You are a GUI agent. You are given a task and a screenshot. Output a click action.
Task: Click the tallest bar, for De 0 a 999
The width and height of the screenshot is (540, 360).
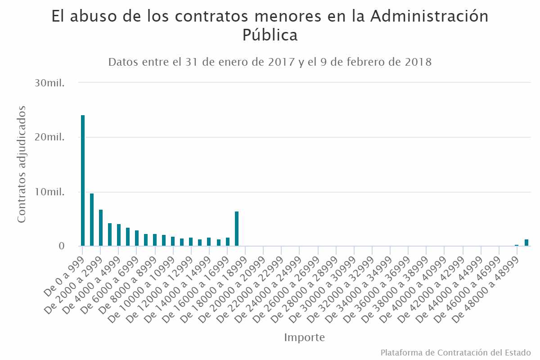(x=83, y=180)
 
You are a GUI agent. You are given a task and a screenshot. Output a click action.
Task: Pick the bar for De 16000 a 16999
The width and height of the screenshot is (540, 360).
(x=228, y=242)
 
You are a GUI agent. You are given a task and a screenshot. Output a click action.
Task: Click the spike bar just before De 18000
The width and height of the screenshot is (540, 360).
(x=237, y=229)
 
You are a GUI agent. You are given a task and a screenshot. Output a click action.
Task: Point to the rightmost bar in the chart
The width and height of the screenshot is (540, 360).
(x=526, y=243)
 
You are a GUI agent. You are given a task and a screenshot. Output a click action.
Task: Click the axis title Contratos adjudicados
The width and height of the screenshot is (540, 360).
(x=22, y=164)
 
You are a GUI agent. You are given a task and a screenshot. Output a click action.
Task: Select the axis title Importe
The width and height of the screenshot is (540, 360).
(x=304, y=337)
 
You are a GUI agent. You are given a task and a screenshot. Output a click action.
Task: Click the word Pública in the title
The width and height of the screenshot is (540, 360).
(x=270, y=35)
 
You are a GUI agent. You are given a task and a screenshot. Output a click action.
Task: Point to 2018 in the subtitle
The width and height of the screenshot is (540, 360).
(x=417, y=62)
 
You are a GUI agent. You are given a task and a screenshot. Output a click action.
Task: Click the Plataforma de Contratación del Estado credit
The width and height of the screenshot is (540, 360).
(x=455, y=352)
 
